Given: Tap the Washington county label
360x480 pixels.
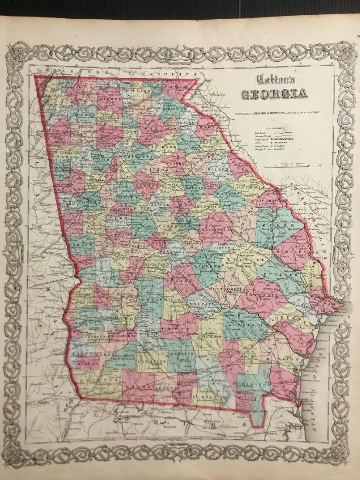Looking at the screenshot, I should coord(217,229).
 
